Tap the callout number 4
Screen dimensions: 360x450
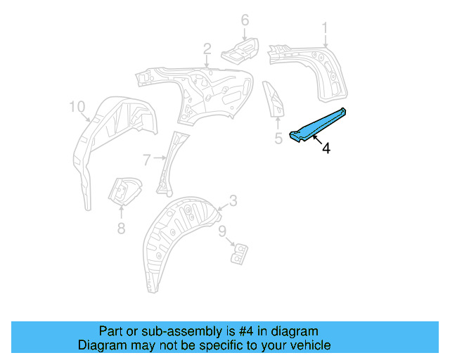pyautogui.click(x=326, y=148)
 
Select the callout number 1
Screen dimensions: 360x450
pyautogui.click(x=326, y=28)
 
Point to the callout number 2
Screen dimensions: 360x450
pyautogui.click(x=207, y=49)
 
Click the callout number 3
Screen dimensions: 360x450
pyautogui.click(x=233, y=201)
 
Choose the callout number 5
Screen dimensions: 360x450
pyautogui.click(x=278, y=139)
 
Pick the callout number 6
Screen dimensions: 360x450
pyautogui.click(x=245, y=20)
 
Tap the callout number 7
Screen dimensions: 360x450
pyautogui.click(x=146, y=160)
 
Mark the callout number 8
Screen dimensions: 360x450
pyautogui.click(x=121, y=227)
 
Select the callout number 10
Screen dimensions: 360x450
pyautogui.click(x=77, y=107)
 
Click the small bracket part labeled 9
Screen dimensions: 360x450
pyautogui.click(x=240, y=252)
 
